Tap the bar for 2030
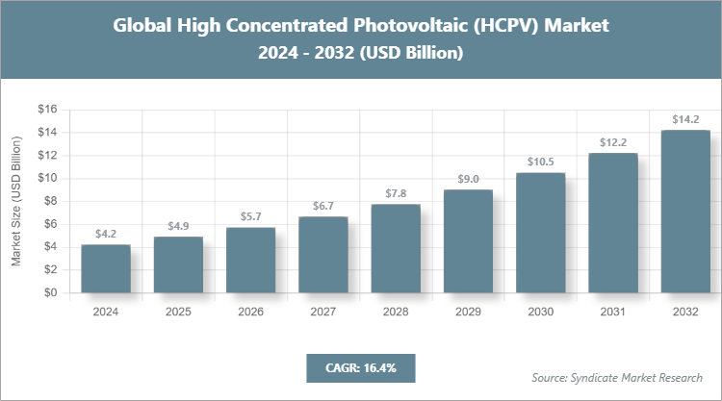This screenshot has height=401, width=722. [x=540, y=233]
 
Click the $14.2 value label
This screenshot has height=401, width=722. [x=685, y=120]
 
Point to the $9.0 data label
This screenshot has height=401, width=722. [x=468, y=180]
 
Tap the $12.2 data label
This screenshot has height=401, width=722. [x=613, y=143]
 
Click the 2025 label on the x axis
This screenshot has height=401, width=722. [x=178, y=313]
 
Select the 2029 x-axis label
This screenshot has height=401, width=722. [x=468, y=313]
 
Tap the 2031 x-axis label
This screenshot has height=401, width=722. [x=613, y=313]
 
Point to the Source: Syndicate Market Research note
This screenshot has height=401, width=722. [x=617, y=377]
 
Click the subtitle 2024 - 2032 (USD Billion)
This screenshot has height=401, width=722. [x=361, y=54]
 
